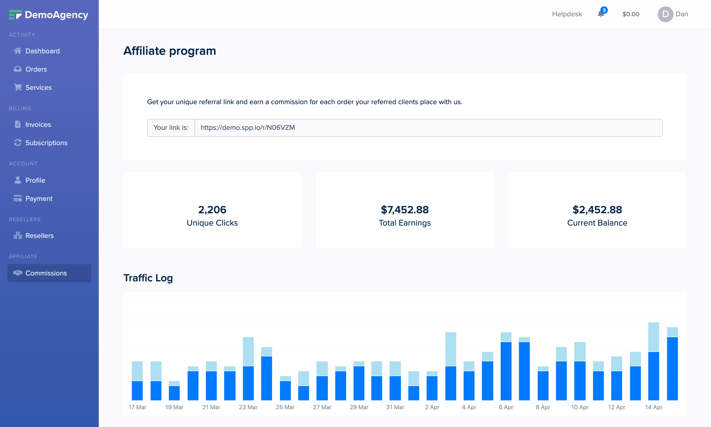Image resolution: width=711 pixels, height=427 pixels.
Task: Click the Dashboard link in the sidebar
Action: tap(42, 51)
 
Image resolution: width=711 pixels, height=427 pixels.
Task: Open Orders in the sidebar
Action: tap(36, 69)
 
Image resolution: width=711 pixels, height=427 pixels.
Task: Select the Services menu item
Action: tap(39, 87)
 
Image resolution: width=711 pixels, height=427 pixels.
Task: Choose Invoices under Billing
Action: tap(38, 125)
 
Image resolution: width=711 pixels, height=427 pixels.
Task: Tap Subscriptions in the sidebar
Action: tap(46, 143)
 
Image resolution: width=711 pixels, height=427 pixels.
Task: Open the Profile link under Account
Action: tap(35, 180)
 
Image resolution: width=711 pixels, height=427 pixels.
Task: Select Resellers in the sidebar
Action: tap(39, 236)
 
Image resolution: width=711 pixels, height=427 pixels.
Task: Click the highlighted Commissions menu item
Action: tap(46, 273)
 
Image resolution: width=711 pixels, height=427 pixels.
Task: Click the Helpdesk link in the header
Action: tap(567, 14)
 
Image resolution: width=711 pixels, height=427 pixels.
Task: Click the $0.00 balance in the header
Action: tap(631, 14)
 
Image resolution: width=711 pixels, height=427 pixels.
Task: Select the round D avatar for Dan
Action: tap(665, 14)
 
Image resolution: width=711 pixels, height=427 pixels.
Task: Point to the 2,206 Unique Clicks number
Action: tap(212, 210)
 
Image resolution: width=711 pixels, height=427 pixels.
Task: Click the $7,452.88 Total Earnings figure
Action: tap(405, 210)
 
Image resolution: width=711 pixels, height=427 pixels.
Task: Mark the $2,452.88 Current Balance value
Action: tap(597, 210)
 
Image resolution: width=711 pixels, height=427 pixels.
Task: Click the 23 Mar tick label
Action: tap(248, 407)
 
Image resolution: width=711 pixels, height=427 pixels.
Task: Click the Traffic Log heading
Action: tap(148, 278)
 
